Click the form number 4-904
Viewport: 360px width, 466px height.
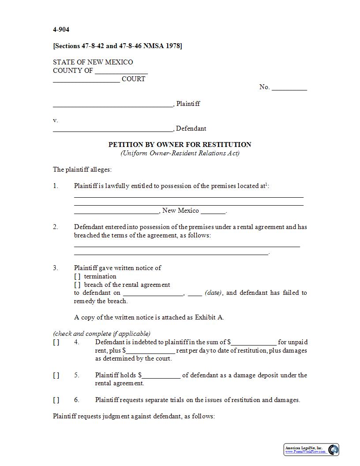click(61, 30)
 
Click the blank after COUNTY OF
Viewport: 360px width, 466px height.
click(121, 71)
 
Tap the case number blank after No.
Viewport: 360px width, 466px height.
click(289, 87)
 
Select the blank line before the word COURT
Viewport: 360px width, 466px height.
click(86, 79)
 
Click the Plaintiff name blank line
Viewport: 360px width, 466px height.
click(113, 104)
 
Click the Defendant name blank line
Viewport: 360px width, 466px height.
click(113, 129)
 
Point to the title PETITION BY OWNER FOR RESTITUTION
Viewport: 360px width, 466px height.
click(180, 144)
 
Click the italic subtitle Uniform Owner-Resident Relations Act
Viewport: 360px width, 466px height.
click(180, 153)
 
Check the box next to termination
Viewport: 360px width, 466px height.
click(77, 276)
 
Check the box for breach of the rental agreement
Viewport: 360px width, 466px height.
click(77, 285)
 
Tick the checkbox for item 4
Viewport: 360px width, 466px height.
click(56, 342)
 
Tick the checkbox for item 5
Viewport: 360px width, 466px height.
click(56, 375)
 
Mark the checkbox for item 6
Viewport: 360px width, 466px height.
click(56, 400)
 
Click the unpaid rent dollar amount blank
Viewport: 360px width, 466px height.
click(254, 342)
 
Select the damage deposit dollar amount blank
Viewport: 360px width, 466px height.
click(161, 376)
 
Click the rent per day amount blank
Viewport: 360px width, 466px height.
click(150, 351)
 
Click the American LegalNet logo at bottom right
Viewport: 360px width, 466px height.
click(311, 449)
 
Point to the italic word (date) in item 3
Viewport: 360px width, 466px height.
click(214, 293)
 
